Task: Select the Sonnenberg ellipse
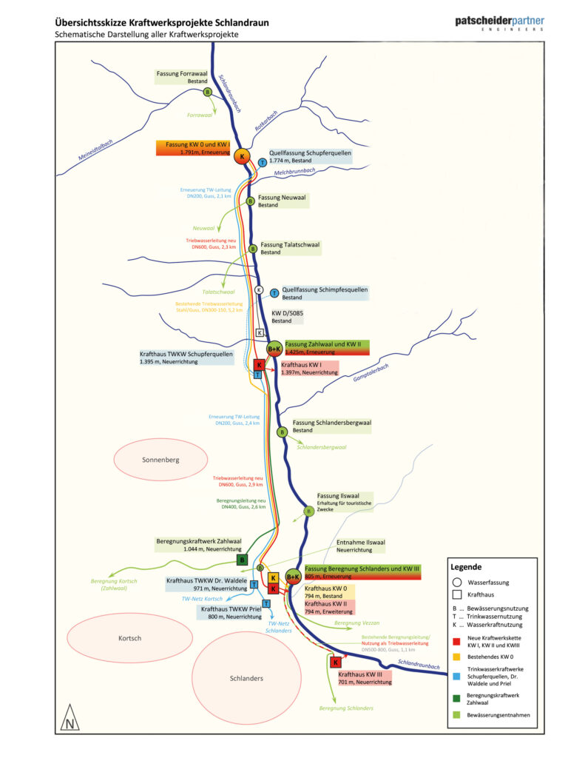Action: click(160, 460)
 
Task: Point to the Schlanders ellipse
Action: click(246, 678)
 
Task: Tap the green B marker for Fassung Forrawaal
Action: click(208, 92)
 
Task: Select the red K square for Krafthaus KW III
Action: click(336, 662)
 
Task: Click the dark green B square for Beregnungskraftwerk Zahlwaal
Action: click(242, 560)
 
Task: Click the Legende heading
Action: click(467, 566)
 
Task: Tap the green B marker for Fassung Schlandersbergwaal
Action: click(282, 432)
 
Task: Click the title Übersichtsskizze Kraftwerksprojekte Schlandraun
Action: click(162, 23)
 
